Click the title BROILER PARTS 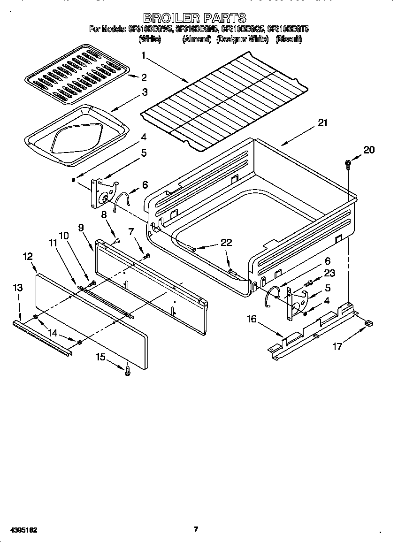(194, 18)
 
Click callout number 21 (322, 123)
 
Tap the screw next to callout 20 (348, 163)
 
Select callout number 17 (337, 347)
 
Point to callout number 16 (252, 320)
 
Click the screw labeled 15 (127, 371)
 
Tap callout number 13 (17, 288)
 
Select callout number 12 (28, 256)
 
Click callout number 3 (145, 92)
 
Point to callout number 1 (144, 55)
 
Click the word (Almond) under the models (197, 40)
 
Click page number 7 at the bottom (196, 529)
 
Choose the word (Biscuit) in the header (289, 40)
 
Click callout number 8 (104, 214)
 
